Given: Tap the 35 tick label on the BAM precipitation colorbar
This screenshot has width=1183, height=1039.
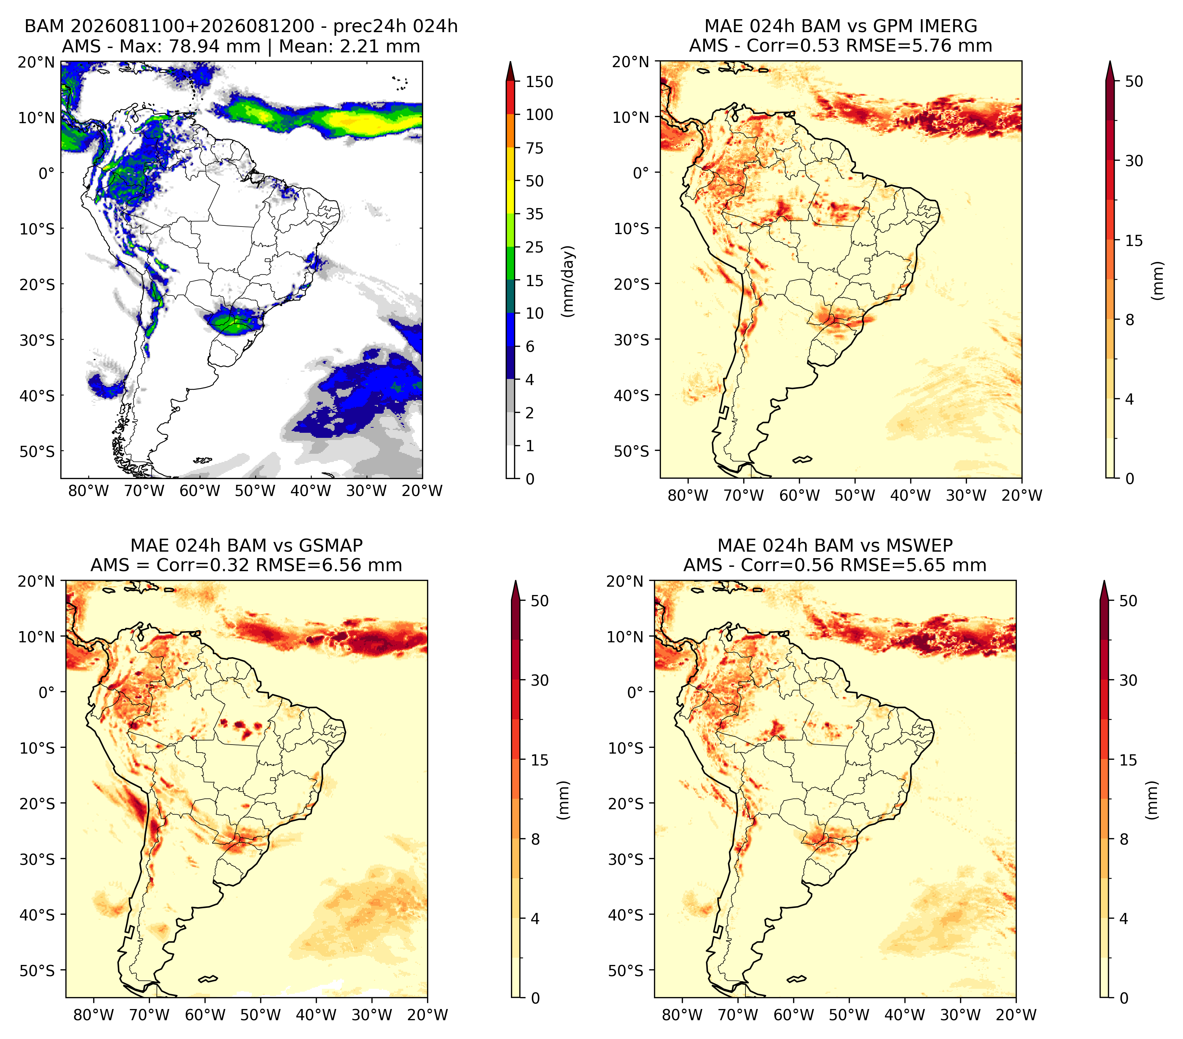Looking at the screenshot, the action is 534,214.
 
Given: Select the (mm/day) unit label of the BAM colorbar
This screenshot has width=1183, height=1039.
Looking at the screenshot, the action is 568,281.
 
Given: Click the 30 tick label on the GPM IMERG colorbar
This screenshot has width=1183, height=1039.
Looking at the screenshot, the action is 1134,161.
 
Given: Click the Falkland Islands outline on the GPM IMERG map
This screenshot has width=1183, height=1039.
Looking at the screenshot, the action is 802,460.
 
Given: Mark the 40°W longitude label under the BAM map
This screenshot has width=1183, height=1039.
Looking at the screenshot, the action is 311,491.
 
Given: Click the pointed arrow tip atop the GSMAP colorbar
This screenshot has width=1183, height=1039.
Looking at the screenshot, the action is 516,581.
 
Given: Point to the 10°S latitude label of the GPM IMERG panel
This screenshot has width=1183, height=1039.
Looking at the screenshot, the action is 632,229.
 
